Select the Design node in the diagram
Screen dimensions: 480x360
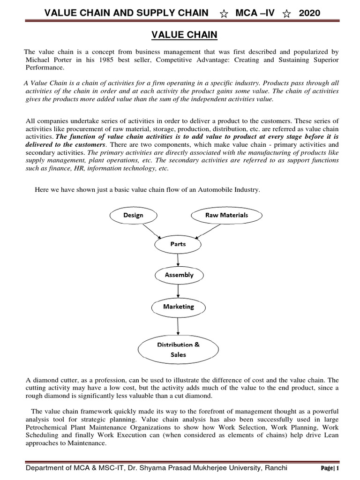pos(133,215)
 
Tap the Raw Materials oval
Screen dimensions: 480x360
pos(226,215)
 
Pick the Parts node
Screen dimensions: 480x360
pos(178,244)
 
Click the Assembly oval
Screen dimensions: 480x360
pos(179,275)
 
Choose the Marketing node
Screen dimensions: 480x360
pos(178,307)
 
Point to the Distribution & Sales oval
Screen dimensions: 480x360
pos(178,350)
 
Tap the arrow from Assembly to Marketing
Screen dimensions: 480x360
pos(178,291)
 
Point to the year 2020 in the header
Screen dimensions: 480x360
pos(309,13)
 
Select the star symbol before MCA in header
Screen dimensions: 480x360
pos(224,14)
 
